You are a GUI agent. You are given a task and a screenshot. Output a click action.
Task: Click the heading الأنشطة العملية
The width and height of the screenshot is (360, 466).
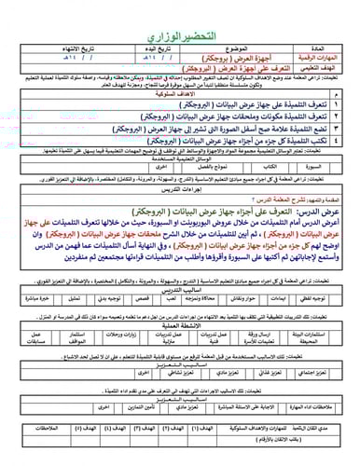pyautogui.click(x=180, y=325)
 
